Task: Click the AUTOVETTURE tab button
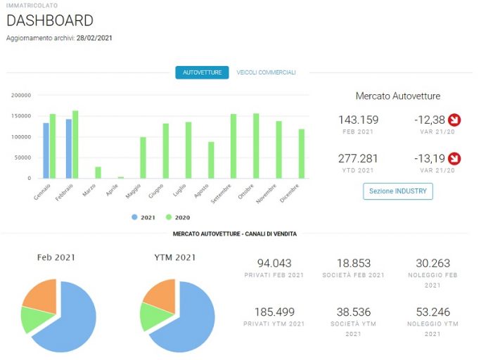point(202,72)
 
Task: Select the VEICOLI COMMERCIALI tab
point(266,72)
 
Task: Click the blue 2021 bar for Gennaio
point(46,150)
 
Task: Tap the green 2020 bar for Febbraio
point(75,144)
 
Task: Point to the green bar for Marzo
point(98,173)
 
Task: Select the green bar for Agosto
point(211,160)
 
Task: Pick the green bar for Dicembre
point(302,153)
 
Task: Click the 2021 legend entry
point(143,217)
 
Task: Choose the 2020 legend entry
point(178,217)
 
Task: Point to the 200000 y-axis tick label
point(21,96)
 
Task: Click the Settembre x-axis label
point(221,194)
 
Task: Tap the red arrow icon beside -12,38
point(454,120)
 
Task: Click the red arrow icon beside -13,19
point(454,158)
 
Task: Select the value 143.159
point(359,120)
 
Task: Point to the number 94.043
point(274,263)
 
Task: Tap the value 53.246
point(433,312)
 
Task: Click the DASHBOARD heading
point(50,20)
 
